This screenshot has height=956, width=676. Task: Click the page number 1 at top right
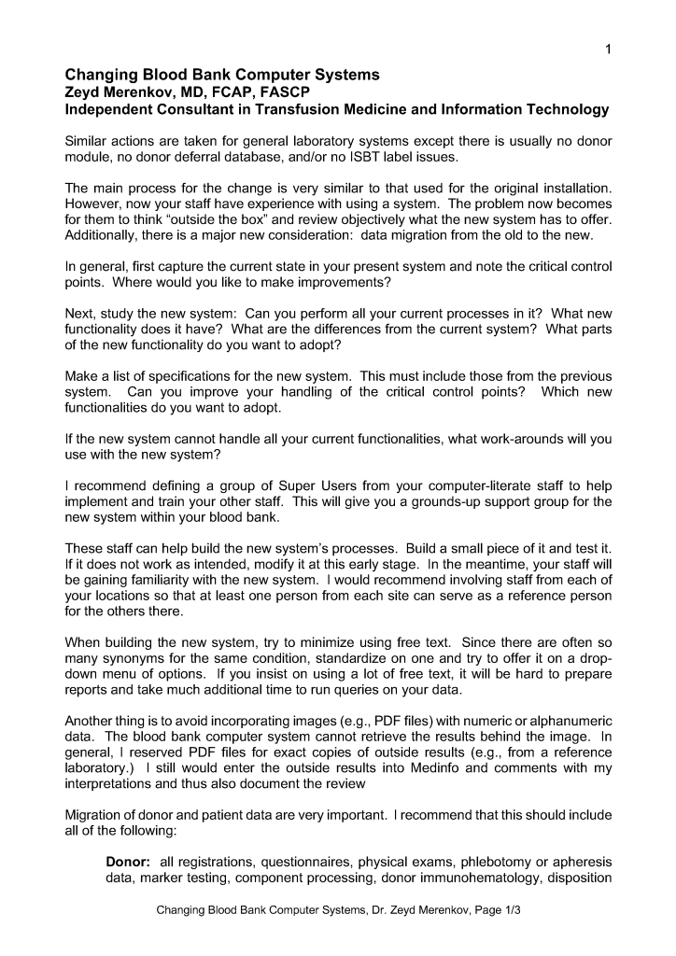point(608,49)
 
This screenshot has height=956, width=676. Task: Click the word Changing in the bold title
point(103,75)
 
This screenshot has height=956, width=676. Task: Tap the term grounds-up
point(450,501)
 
